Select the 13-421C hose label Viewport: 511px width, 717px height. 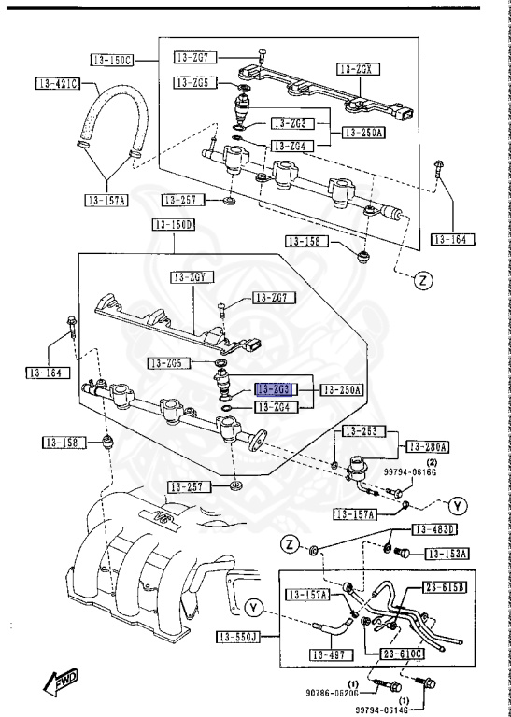[x=58, y=85]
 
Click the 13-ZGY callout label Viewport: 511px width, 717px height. [x=193, y=277]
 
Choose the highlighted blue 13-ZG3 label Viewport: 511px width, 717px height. [x=276, y=388]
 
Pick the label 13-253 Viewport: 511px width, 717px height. [x=363, y=431]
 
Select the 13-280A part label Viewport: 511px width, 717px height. [x=426, y=446]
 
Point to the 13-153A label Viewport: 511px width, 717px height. [x=447, y=554]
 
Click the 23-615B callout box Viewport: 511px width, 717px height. [x=446, y=586]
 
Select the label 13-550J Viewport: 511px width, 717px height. [x=239, y=638]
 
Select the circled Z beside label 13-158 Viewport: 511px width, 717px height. [x=421, y=280]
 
